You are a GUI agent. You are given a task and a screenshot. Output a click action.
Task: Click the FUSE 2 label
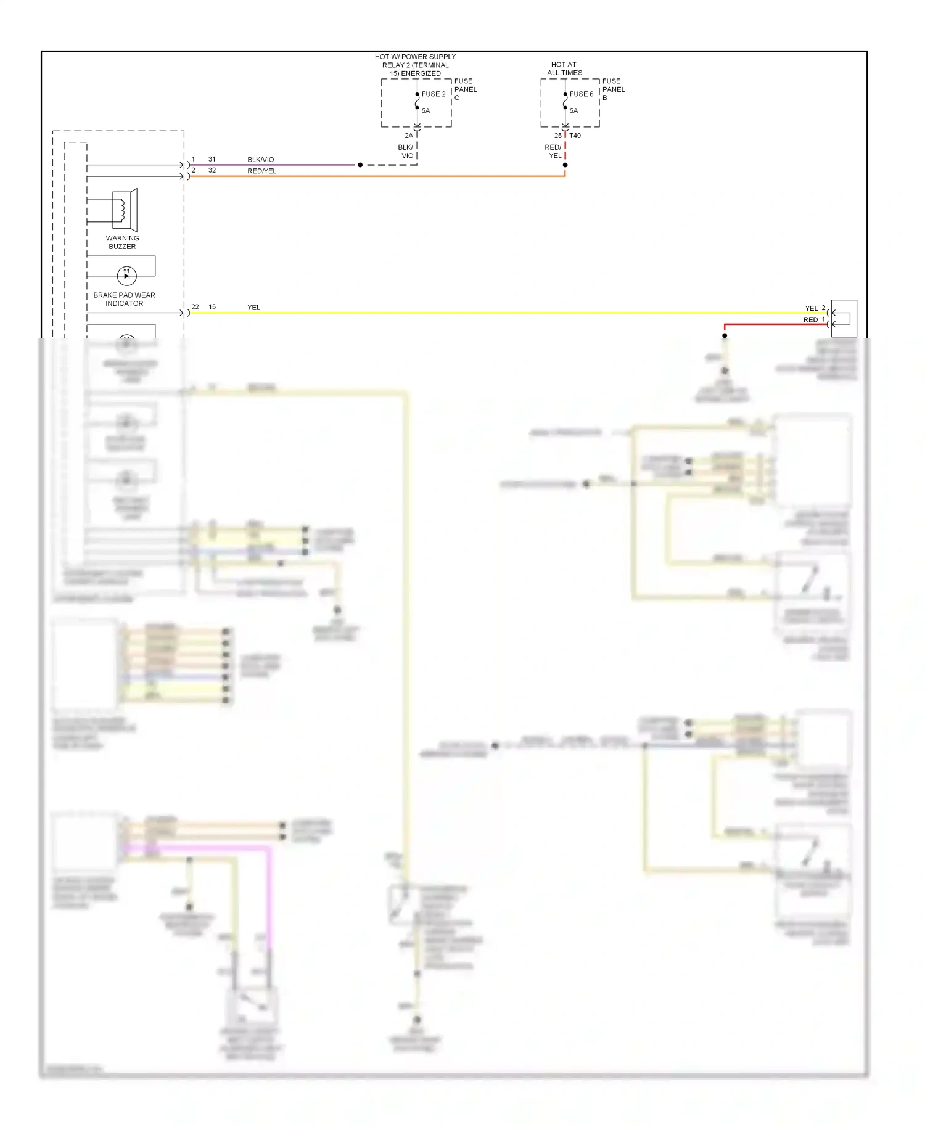[433, 94]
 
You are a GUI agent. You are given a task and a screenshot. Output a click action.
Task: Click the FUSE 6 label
[581, 94]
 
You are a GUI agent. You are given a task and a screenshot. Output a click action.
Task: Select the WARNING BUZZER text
[122, 242]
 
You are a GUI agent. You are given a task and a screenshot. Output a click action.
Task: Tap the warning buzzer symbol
[125, 210]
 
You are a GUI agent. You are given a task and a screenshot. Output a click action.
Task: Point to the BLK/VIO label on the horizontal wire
[260, 160]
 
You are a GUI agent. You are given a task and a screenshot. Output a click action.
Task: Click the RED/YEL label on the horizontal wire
[261, 171]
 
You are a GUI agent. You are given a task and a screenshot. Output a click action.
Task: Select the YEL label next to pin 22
[253, 308]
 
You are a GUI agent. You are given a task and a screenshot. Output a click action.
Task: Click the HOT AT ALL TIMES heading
[564, 68]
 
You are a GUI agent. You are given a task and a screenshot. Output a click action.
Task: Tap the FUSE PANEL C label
[465, 89]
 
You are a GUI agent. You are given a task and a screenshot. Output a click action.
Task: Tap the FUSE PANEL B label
[613, 89]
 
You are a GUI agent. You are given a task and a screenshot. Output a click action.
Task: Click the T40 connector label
[575, 136]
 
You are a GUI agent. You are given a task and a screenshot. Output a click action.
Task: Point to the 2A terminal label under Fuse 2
[408, 136]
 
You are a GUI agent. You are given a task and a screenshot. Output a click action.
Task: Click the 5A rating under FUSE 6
[573, 111]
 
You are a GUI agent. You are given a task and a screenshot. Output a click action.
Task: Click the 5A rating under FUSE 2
[425, 111]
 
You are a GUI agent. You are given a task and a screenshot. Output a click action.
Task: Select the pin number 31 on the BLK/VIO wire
[212, 159]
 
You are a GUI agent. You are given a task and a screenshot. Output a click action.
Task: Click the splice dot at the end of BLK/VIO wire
[360, 165]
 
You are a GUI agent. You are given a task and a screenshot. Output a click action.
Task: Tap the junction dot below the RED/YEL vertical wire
[565, 165]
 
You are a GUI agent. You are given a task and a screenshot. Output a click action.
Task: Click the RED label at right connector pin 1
[810, 320]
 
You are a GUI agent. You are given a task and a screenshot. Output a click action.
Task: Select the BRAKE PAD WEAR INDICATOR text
[124, 300]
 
